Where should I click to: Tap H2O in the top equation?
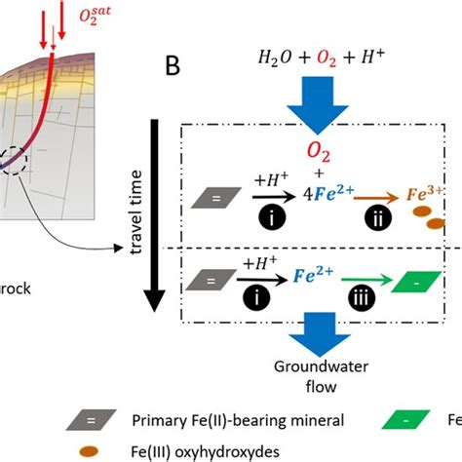pyautogui.click(x=272, y=58)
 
